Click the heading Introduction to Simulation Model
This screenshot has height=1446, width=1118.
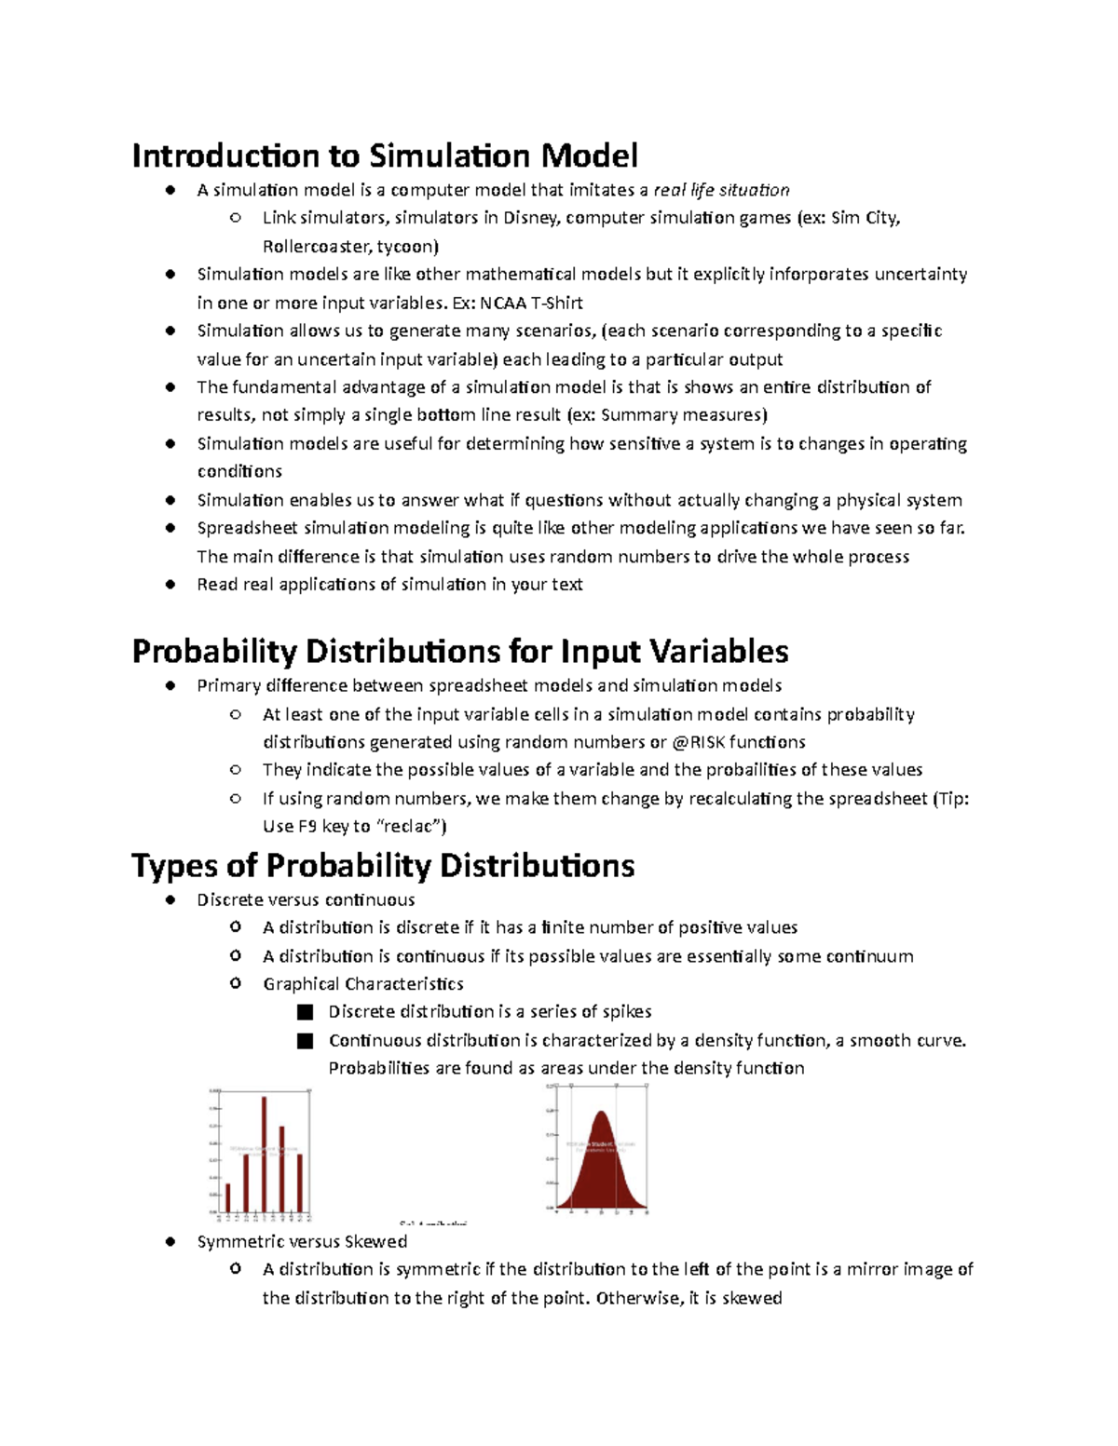click(385, 155)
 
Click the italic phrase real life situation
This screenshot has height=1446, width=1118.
click(721, 190)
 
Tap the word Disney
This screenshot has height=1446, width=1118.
click(529, 218)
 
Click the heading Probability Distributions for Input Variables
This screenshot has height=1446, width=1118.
click(460, 651)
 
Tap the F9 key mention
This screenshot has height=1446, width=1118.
click(307, 827)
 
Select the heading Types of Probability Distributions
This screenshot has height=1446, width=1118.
click(383, 865)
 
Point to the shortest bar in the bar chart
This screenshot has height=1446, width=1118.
click(228, 1197)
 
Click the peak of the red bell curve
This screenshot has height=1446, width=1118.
click(602, 1114)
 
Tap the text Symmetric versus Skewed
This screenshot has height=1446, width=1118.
click(302, 1241)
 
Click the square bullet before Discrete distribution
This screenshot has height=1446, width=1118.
click(305, 1012)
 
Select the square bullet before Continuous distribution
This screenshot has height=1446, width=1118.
click(305, 1041)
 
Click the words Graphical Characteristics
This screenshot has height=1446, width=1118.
click(362, 984)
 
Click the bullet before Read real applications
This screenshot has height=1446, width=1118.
click(170, 585)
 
